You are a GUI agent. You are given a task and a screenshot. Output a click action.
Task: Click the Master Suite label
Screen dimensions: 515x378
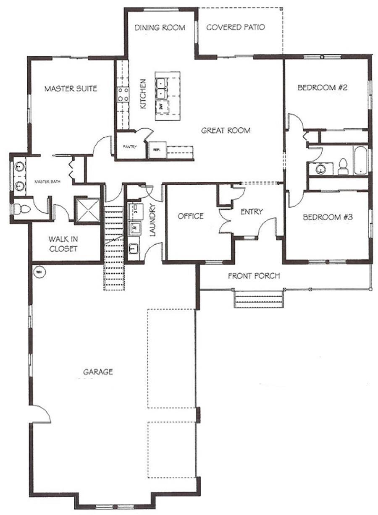pos(71,89)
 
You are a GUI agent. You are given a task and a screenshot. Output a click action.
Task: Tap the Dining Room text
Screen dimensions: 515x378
pos(160,28)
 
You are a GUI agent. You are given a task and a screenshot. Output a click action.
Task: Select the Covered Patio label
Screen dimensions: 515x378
pos(236,28)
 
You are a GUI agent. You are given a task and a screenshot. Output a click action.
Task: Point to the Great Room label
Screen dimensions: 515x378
pos(226,131)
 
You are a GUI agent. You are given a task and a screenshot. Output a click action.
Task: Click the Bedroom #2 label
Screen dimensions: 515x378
pos(324,88)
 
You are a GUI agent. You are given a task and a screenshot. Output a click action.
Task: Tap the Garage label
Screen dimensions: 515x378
pos(98,372)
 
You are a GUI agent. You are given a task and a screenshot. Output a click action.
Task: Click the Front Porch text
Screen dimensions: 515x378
pos(254,276)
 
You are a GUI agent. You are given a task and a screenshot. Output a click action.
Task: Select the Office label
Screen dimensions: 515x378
pos(190,216)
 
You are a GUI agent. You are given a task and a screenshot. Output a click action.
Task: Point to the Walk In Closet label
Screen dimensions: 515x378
pos(63,244)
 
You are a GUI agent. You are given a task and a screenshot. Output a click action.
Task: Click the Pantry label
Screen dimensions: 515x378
pos(128,147)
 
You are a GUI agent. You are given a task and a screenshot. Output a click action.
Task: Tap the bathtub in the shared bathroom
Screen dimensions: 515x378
pos(360,161)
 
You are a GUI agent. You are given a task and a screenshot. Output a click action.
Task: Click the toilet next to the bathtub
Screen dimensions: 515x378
pos(343,167)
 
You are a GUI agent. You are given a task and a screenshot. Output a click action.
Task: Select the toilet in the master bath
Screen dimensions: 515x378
pos(20,209)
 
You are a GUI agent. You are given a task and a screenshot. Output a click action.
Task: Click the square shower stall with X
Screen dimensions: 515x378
pos(87,209)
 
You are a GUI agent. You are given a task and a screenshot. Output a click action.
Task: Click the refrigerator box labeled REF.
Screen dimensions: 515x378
pos(156,149)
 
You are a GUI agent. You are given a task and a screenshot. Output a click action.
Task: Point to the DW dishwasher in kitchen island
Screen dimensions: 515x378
pos(161,106)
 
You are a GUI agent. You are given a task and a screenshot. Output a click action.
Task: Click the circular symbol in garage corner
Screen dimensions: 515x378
pos(39,272)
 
